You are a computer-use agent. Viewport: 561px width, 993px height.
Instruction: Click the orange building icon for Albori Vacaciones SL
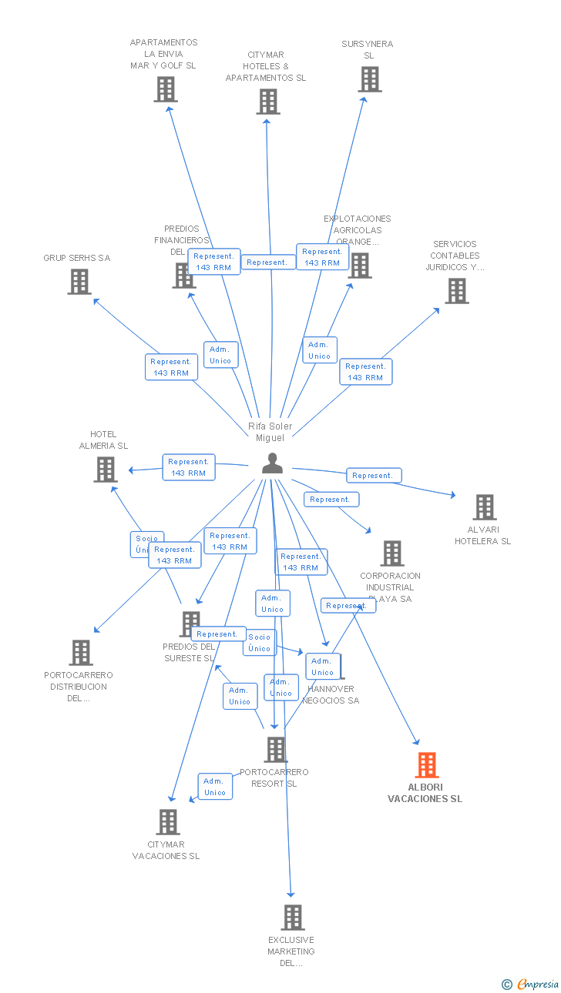pyautogui.click(x=427, y=765)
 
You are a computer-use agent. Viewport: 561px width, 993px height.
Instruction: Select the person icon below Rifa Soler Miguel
pyautogui.click(x=272, y=463)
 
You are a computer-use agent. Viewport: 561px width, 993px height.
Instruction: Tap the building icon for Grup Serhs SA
pyautogui.click(x=79, y=282)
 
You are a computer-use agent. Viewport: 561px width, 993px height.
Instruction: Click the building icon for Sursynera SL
pyautogui.click(x=370, y=79)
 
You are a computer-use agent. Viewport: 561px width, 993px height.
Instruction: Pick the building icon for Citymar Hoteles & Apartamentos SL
pyautogui.click(x=267, y=102)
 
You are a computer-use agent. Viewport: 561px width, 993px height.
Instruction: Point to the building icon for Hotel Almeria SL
pyautogui.click(x=106, y=469)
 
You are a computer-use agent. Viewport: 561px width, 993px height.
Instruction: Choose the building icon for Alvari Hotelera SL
pyautogui.click(x=484, y=507)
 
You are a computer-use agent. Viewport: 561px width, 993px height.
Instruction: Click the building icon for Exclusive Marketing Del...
pyautogui.click(x=292, y=918)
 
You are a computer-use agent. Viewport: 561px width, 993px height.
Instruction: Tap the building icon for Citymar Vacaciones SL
pyautogui.click(x=168, y=822)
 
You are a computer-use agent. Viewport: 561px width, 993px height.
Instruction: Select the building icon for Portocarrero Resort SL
pyautogui.click(x=275, y=750)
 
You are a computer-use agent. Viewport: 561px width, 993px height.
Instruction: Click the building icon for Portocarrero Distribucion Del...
pyautogui.click(x=80, y=653)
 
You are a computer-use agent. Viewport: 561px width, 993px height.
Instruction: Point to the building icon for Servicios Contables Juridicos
pyautogui.click(x=456, y=291)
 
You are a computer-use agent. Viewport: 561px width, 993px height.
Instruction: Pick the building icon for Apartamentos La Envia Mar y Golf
pyautogui.click(x=165, y=89)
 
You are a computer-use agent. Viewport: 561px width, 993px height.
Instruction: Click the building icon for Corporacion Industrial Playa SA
pyautogui.click(x=392, y=553)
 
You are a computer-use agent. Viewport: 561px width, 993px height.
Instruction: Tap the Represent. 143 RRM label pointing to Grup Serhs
pyautogui.click(x=171, y=367)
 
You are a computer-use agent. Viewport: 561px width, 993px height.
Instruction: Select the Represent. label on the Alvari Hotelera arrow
pyautogui.click(x=373, y=476)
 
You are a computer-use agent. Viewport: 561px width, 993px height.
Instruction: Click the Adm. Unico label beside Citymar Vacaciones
pyautogui.click(x=215, y=787)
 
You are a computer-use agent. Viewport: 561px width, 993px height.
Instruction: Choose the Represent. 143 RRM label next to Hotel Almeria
pyautogui.click(x=189, y=467)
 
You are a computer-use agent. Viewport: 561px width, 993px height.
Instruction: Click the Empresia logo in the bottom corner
pyautogui.click(x=531, y=983)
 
